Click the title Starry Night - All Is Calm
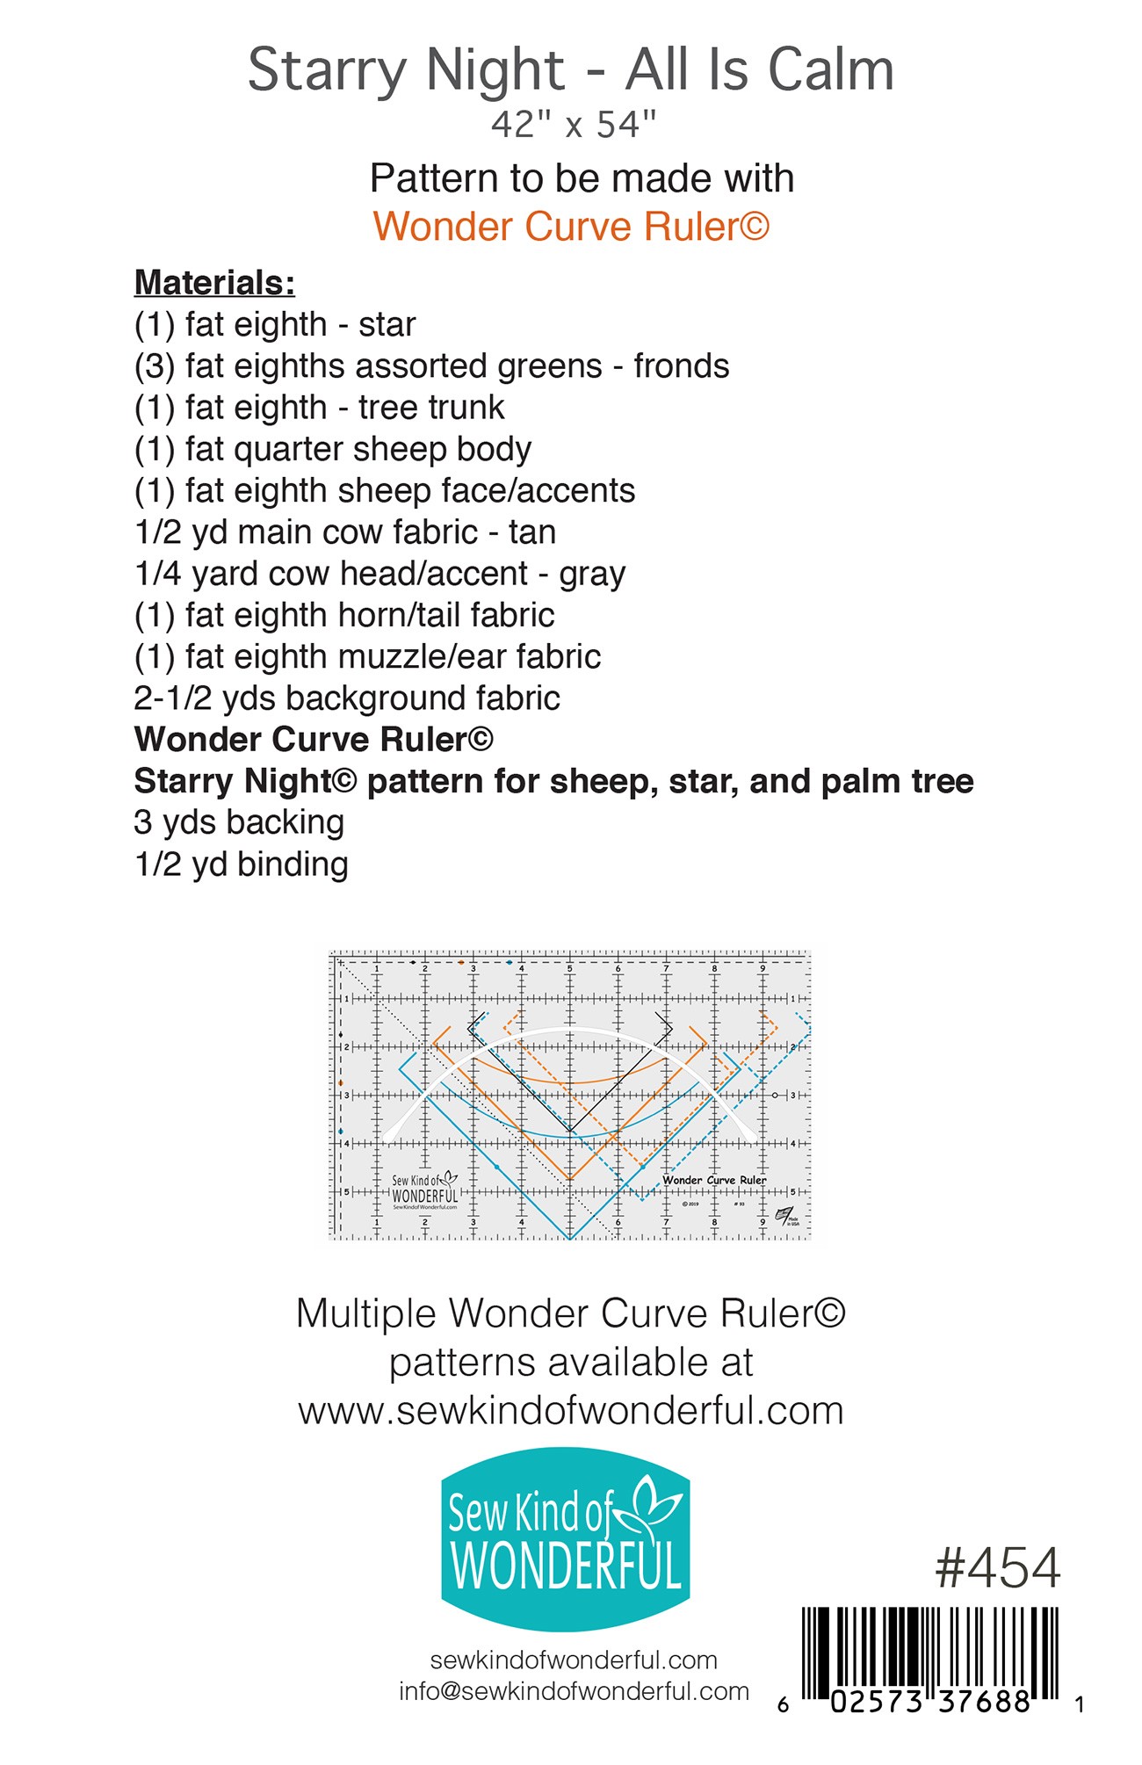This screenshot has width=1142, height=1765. click(571, 70)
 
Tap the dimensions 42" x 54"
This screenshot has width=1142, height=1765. click(574, 125)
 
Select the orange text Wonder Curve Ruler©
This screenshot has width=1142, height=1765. click(571, 227)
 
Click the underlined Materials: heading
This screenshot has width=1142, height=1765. click(214, 283)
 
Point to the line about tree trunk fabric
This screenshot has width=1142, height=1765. click(319, 408)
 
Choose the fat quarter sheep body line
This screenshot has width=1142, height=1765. click(332, 450)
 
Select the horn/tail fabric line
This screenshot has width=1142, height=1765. click(343, 615)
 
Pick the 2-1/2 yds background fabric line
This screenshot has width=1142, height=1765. click(346, 698)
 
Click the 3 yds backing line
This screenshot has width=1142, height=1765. click(238, 823)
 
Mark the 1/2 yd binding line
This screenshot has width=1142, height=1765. click(241, 864)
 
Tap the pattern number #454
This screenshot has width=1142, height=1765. click(997, 1568)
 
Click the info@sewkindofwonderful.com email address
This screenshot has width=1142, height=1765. click(574, 1691)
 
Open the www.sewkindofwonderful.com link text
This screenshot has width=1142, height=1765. click(571, 1410)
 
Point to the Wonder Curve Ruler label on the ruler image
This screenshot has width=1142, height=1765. click(714, 1180)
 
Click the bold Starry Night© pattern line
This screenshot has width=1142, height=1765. click(553, 781)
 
